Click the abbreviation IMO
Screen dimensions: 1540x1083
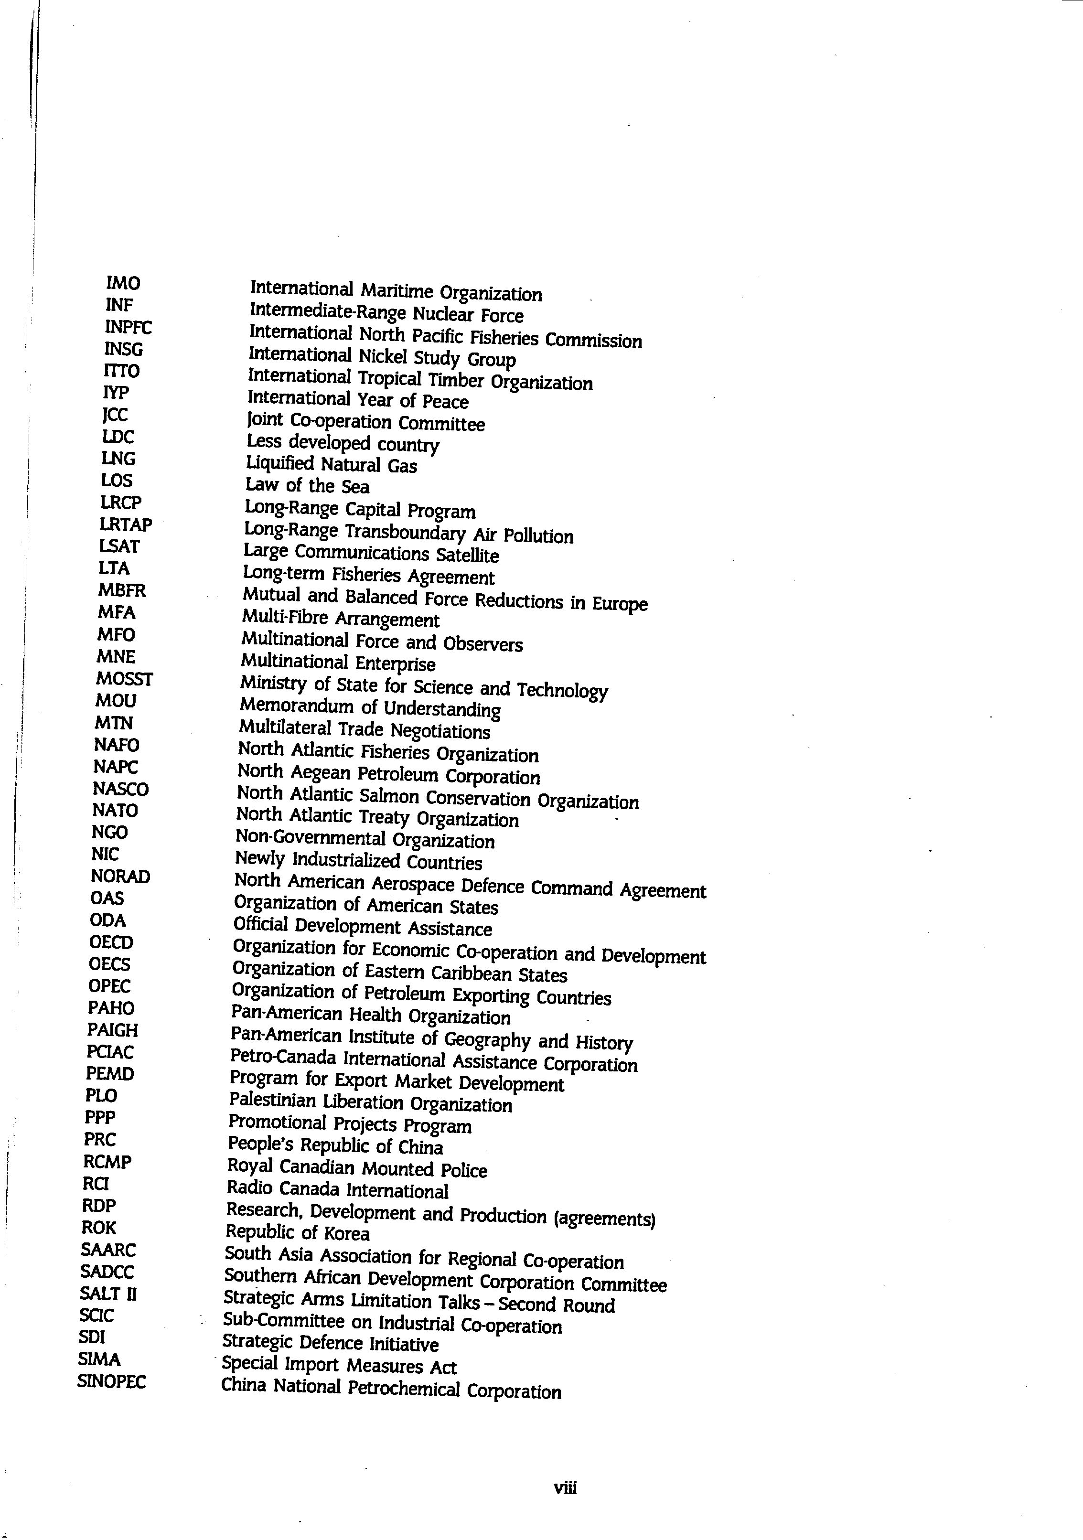pyautogui.click(x=123, y=283)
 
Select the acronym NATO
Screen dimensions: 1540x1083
pyautogui.click(x=115, y=810)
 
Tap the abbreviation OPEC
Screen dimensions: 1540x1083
pyautogui.click(x=109, y=986)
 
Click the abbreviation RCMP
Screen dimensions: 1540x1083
pyautogui.click(x=107, y=1162)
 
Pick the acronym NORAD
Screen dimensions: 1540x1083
pyautogui.click(x=120, y=876)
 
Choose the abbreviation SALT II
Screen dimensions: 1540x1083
pyautogui.click(x=108, y=1293)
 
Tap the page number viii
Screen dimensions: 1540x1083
pyautogui.click(x=565, y=1488)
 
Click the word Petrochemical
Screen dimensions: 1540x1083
pyautogui.click(x=403, y=1388)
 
